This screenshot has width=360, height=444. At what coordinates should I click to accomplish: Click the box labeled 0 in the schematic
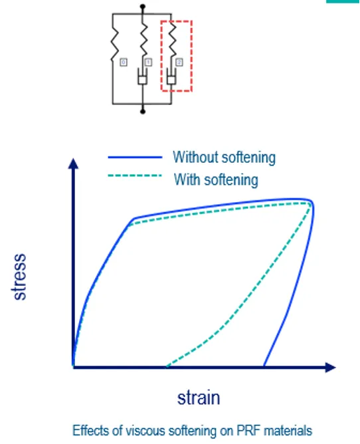point(123,62)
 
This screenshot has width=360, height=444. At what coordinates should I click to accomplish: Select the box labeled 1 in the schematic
point(148,62)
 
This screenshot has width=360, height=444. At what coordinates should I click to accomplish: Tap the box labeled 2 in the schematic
point(179,62)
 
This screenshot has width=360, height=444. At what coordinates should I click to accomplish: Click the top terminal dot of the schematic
point(142,7)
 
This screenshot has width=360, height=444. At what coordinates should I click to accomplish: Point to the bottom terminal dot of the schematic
point(142,111)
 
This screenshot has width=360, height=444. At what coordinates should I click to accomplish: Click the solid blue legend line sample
point(134,158)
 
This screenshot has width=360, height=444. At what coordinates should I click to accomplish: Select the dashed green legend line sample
point(134,177)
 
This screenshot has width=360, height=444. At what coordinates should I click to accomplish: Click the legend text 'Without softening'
point(224,158)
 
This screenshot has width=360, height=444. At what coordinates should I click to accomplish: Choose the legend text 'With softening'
point(216,179)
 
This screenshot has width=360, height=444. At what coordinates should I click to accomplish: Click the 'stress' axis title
point(20,277)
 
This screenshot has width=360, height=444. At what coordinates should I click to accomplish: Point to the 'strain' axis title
point(198,398)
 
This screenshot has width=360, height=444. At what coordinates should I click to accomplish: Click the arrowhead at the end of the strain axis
point(330,367)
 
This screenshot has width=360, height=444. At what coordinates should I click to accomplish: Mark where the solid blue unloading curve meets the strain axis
point(264,366)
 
